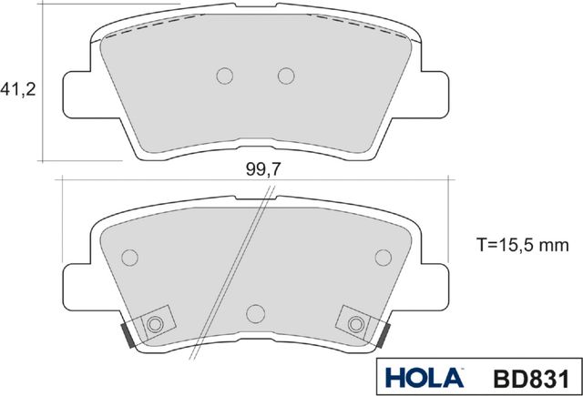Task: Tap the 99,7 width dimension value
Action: (261, 169)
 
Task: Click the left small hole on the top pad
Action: (225, 75)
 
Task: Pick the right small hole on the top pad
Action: (286, 75)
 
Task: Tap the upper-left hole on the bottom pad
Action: (128, 258)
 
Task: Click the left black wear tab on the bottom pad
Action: (128, 334)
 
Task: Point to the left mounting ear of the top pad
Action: (78, 96)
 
